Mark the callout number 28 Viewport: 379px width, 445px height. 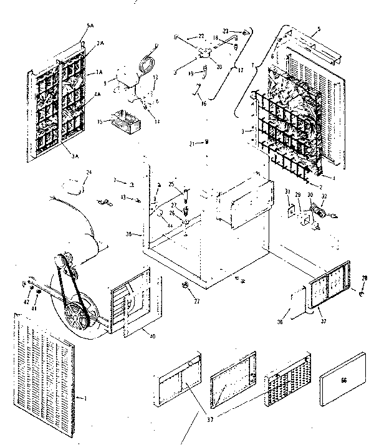365,277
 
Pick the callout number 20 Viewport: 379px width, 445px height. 218,67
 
